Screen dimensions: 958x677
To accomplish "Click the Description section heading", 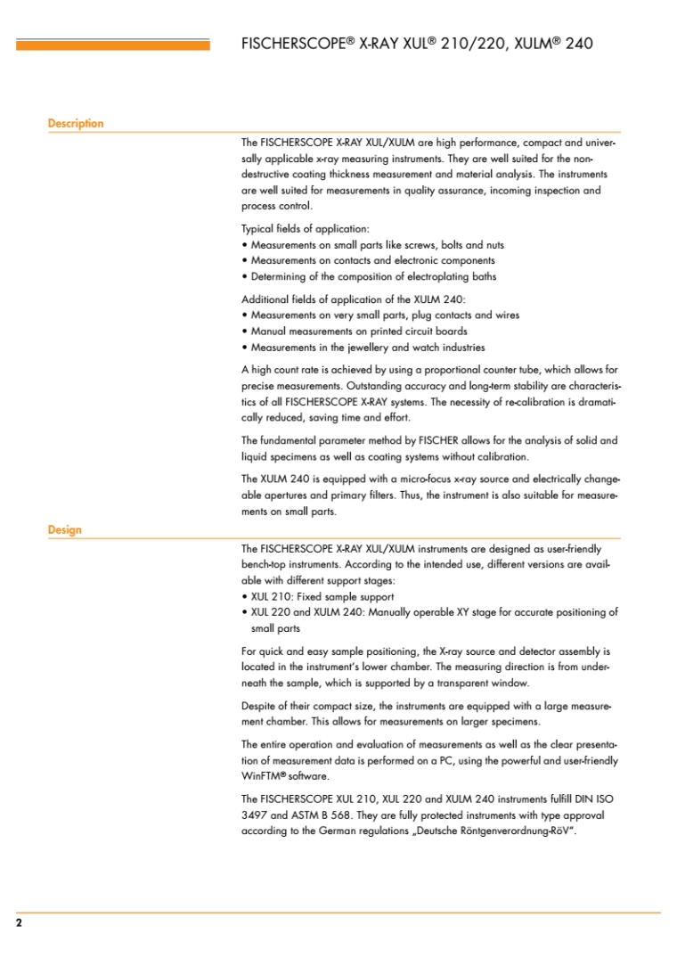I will coord(76,124).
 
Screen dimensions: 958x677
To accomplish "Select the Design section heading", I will coord(64,530).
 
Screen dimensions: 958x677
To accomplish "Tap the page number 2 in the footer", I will coord(19,923).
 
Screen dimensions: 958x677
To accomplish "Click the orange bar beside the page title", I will coord(113,45).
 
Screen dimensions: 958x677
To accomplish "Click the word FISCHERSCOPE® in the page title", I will coord(298,43).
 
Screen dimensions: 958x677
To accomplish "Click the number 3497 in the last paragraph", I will coord(255,815).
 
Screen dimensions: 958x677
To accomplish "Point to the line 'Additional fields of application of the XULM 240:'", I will coord(349,299).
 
